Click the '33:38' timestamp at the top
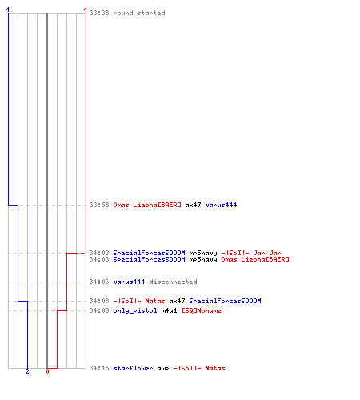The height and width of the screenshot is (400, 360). pos(99,13)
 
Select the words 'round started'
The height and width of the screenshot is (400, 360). pos(139,13)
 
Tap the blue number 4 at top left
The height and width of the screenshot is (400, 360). pos(8,10)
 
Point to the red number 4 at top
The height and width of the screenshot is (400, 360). pos(86,10)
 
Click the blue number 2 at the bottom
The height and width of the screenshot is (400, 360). pos(27,371)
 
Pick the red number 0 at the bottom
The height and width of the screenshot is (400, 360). pos(47,371)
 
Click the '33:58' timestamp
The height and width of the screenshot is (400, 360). pos(99,205)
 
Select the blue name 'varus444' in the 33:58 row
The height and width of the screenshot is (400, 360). pos(222,205)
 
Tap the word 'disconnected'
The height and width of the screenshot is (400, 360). pos(173,282)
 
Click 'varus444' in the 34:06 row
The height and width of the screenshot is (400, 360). pos(130,282)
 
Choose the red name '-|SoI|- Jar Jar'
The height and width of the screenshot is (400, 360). pos(251,253)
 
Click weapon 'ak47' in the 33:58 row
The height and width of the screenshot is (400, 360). pos(194,205)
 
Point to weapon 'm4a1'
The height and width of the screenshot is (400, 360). pos(170,310)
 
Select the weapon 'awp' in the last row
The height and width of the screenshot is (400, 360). pos(163,368)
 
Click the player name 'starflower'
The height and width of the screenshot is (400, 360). pos(133,368)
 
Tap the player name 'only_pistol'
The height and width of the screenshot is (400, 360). pos(135,310)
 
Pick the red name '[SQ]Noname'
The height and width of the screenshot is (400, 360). pos(202,310)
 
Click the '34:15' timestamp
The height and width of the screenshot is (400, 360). pos(99,368)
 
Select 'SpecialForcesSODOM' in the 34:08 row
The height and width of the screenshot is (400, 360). pos(225,301)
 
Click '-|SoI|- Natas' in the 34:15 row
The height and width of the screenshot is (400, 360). pos(199,368)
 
